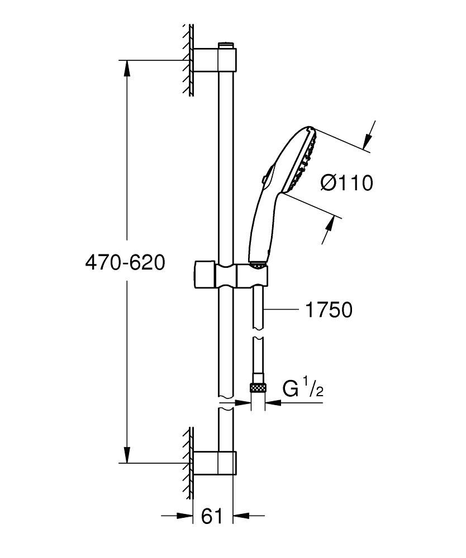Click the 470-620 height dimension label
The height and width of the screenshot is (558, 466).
pyautogui.click(x=125, y=263)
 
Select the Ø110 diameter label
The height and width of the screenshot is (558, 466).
pyautogui.click(x=346, y=182)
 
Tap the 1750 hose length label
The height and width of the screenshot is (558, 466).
pyautogui.click(x=328, y=310)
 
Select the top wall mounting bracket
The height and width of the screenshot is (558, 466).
pyautogui.click(x=214, y=59)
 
